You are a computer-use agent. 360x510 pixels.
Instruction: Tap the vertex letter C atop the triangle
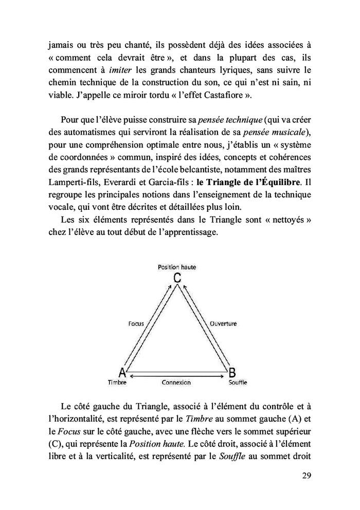click(x=177, y=278)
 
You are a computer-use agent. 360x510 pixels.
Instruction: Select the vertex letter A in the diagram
click(x=122, y=372)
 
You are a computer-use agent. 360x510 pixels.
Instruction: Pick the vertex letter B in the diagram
click(x=232, y=372)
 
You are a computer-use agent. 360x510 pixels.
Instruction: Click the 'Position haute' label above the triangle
click(x=176, y=267)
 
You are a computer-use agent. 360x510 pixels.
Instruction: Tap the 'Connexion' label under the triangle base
click(x=176, y=383)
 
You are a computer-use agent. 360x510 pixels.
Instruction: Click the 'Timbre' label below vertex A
click(x=117, y=383)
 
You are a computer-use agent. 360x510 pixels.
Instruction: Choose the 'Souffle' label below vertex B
click(x=237, y=383)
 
